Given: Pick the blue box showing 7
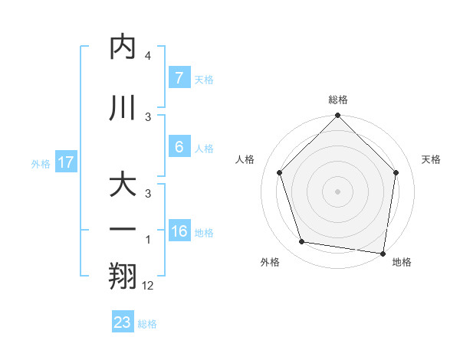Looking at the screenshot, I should click(x=179, y=78).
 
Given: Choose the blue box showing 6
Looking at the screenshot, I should click(x=179, y=146).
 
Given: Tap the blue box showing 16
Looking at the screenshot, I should click(x=179, y=231).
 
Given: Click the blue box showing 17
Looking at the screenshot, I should click(x=66, y=162).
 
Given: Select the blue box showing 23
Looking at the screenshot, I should click(x=123, y=322).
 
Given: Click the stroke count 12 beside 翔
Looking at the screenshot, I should click(x=148, y=285).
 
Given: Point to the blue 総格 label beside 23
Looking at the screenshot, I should click(x=147, y=324).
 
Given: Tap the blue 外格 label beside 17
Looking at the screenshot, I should click(x=41, y=163).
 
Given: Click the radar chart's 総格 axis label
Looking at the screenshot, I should click(x=338, y=100).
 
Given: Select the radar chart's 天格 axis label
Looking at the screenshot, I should click(x=432, y=159).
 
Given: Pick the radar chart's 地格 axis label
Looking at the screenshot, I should click(x=402, y=263).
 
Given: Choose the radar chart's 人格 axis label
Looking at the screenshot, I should click(x=245, y=159).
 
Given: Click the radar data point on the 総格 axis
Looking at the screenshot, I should click(x=338, y=116).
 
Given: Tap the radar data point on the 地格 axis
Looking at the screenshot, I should click(x=383, y=253).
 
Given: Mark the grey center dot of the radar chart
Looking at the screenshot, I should click(x=338, y=191).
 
